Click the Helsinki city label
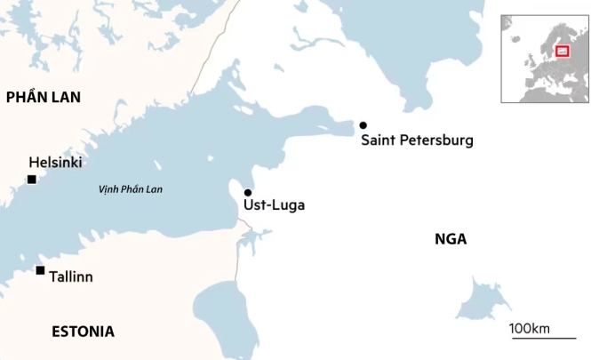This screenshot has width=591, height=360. click(55, 163)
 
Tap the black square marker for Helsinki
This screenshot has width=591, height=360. click(31, 180)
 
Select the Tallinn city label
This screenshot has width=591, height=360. click(71, 276)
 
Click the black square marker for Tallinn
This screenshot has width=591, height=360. click(40, 270)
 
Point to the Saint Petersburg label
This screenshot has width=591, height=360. click(417, 140)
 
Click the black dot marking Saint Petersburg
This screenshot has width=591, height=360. click(363, 125)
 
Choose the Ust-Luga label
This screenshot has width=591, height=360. click(274, 205)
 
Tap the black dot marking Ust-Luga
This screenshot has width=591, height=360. click(248, 193)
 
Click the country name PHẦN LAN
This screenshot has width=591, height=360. click(44, 98)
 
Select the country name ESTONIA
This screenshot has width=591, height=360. click(83, 332)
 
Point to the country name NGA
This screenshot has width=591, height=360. click(451, 238)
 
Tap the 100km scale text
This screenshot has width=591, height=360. click(531, 329)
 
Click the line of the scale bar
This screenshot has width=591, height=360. click(542, 339)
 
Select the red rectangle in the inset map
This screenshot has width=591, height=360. click(562, 51)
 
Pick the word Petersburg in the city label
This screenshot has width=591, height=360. click(435, 140)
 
